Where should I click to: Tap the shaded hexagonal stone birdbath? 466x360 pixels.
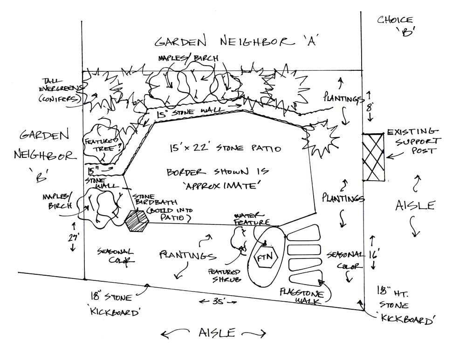[136, 219]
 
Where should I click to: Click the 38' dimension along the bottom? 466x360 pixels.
[215, 302]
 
